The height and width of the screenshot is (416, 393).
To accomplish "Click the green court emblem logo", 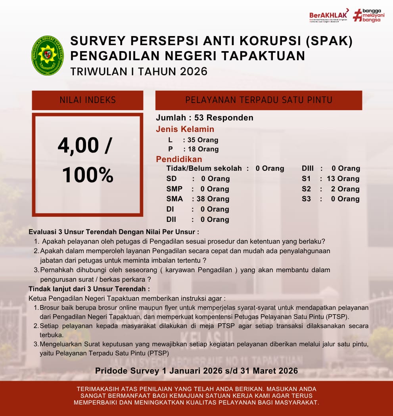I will click(x=48, y=55).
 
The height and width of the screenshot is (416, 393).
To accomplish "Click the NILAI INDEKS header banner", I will click(x=88, y=100).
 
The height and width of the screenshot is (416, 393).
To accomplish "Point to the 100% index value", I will click(x=88, y=175).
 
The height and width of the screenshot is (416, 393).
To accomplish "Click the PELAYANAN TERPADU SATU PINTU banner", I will click(x=259, y=100).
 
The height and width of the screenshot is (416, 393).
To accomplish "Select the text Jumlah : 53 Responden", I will click(x=205, y=118).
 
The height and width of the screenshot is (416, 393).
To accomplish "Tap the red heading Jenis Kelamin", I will click(x=185, y=129).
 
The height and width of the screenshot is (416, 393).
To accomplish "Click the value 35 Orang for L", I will click(x=203, y=140).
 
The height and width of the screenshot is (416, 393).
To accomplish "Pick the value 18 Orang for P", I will click(x=203, y=149).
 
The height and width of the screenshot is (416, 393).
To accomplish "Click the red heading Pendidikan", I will click(x=179, y=159).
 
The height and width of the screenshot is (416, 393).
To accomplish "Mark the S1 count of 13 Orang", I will click(x=343, y=179).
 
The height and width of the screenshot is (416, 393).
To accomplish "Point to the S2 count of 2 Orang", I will click(x=345, y=189).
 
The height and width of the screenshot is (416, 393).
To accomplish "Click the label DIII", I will click(x=308, y=168).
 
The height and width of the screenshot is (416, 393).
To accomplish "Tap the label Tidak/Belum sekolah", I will click(x=204, y=168).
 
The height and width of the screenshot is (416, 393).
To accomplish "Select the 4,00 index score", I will click(x=84, y=146).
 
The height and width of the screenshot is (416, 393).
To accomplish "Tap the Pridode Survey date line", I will click(x=196, y=371).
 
